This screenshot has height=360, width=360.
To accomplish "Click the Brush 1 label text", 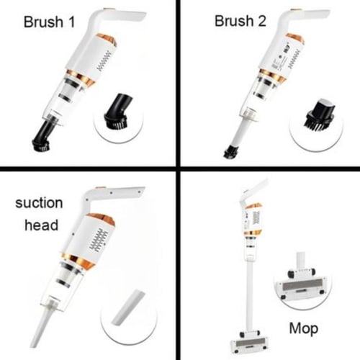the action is coord(49,22).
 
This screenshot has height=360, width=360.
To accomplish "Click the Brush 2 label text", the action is coord(240,21).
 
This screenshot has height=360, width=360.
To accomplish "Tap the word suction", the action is coord(39,203).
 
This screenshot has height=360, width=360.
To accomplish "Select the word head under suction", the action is coord(42,225).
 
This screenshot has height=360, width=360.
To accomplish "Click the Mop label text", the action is coord(304,328).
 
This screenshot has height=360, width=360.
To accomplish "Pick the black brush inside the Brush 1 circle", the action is coord(118,111).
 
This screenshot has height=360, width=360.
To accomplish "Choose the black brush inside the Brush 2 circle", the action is coord(320,115).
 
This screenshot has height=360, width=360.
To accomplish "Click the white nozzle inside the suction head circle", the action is coord(128,308).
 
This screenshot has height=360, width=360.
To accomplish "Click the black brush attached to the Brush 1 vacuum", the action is coord(42,136).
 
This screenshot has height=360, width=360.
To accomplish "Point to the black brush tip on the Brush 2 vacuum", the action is coord(231,151).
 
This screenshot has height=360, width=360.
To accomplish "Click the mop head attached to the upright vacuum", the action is coord(250,342).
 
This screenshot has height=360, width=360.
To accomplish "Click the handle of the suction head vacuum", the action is coord(113,194).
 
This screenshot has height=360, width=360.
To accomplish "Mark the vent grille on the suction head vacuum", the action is coord(99,240).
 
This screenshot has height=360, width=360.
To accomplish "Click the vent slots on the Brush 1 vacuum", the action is coord(104,61).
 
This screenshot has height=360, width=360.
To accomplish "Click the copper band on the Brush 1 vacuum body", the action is coord(81,77).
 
